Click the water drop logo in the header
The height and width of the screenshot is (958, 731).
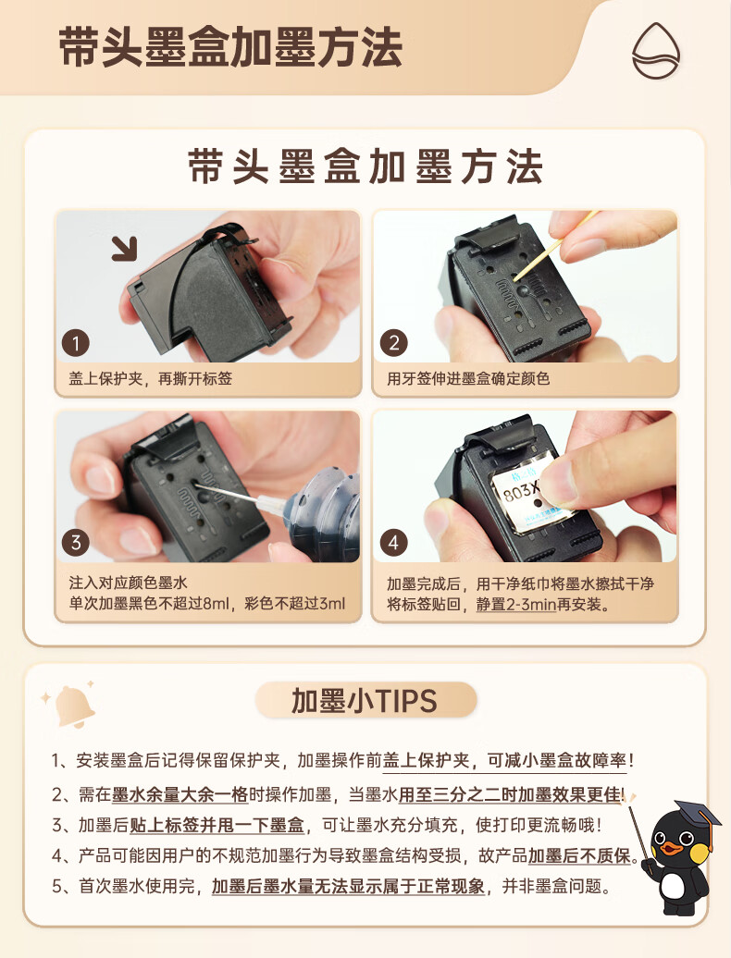coord(656,50)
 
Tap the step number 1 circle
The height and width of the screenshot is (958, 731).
coord(76,343)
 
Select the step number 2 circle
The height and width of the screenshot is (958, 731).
coord(393,343)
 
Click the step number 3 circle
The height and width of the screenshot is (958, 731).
coord(76,543)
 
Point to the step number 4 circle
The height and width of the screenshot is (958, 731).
coord(393,543)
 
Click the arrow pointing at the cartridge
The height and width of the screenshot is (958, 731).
coord(125,248)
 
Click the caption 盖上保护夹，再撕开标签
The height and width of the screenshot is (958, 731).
coord(150,379)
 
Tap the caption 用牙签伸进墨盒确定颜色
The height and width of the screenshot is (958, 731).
coord(468,379)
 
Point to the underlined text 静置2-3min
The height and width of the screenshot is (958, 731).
coord(515,605)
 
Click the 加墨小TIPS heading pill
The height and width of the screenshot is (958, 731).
coord(365,700)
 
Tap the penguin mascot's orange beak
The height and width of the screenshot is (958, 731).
coord(671,847)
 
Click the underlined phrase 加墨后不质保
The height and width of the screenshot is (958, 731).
coord(579,856)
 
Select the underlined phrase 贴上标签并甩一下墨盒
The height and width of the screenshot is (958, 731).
coord(217,826)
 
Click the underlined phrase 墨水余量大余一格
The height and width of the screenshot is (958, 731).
coord(180,795)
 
